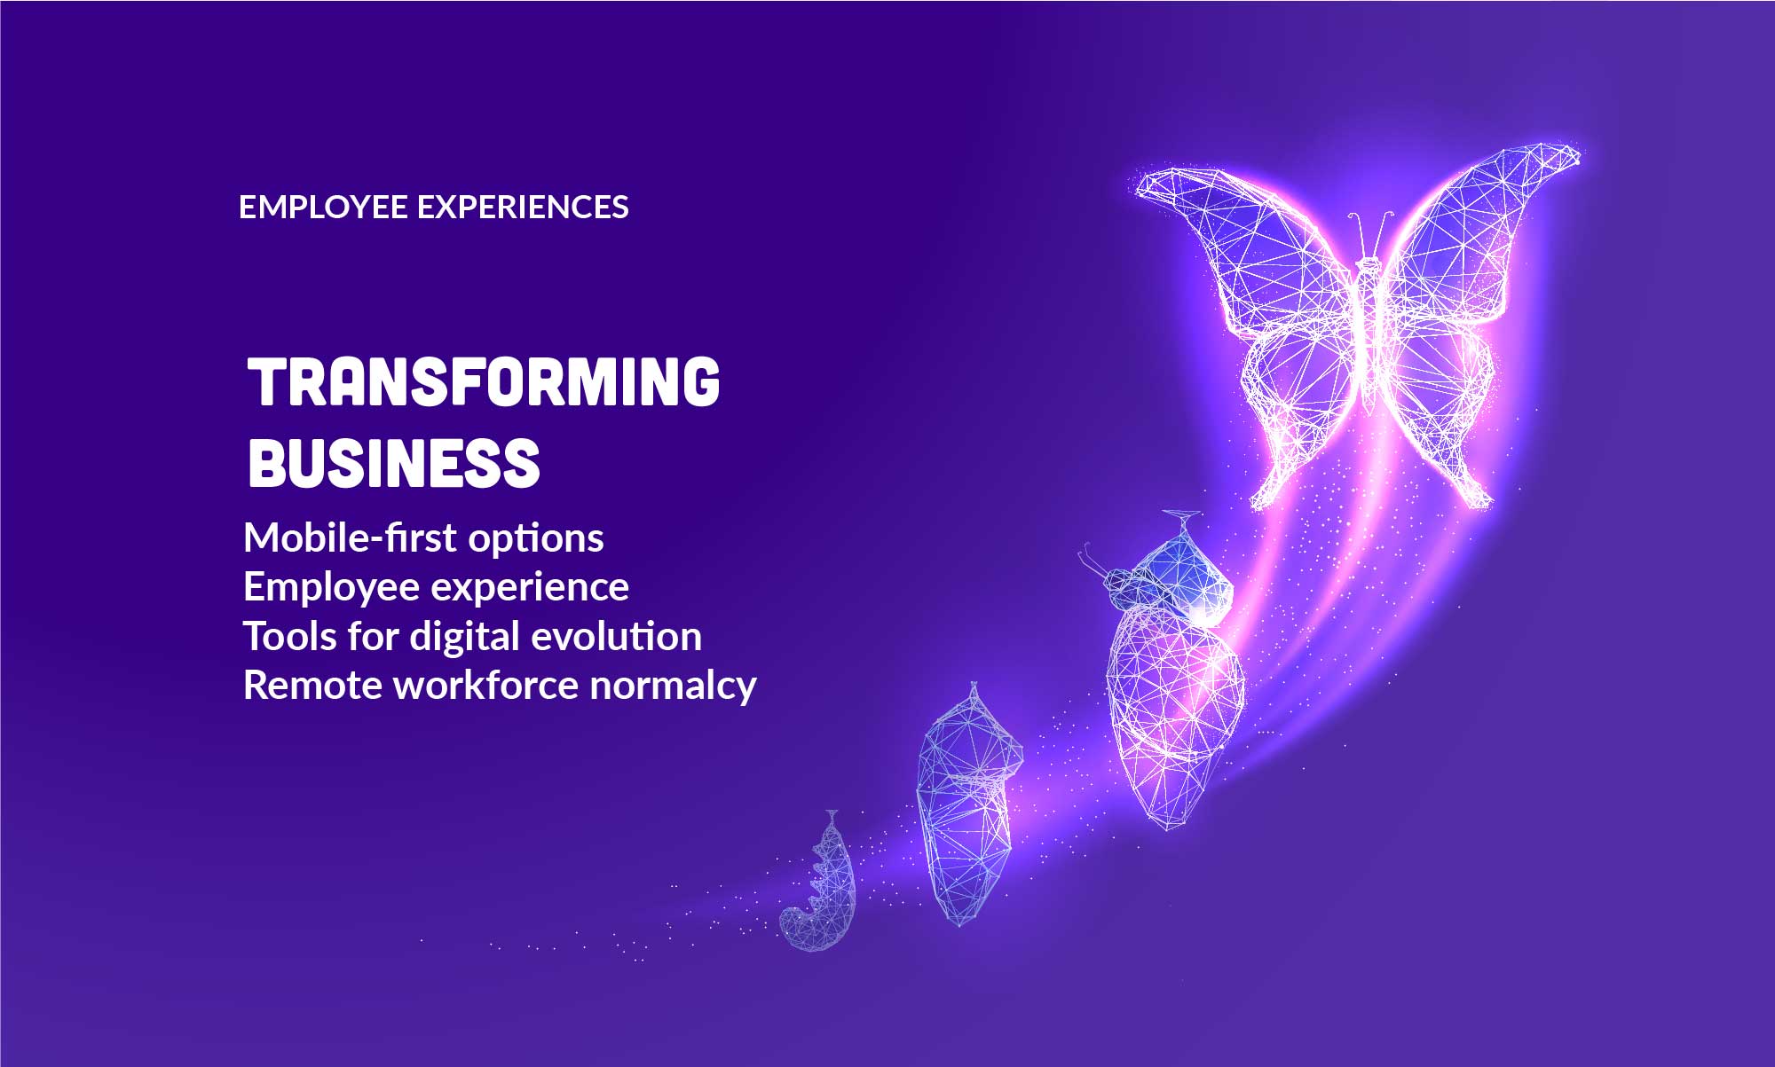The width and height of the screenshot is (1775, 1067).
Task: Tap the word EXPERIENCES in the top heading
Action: pyautogui.click(x=522, y=208)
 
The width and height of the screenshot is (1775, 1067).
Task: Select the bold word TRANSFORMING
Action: pyautogui.click(x=484, y=383)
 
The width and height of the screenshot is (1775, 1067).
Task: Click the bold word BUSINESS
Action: pyautogui.click(x=394, y=463)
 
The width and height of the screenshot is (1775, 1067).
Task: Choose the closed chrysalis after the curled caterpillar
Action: pyautogui.click(x=967, y=807)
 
